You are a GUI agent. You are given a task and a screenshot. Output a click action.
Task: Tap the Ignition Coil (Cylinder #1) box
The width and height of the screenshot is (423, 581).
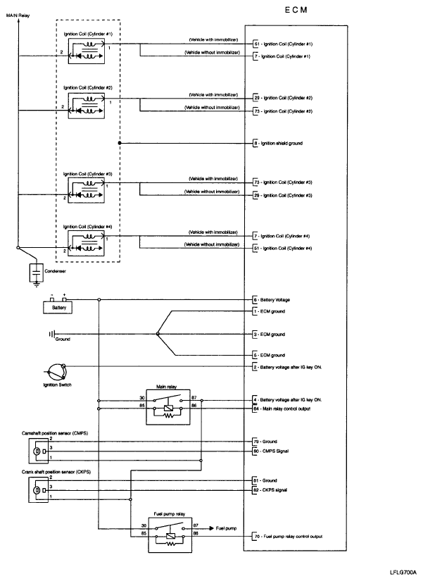pos(87,49)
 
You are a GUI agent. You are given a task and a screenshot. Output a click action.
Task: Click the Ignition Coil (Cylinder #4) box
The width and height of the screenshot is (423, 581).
pos(87,242)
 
